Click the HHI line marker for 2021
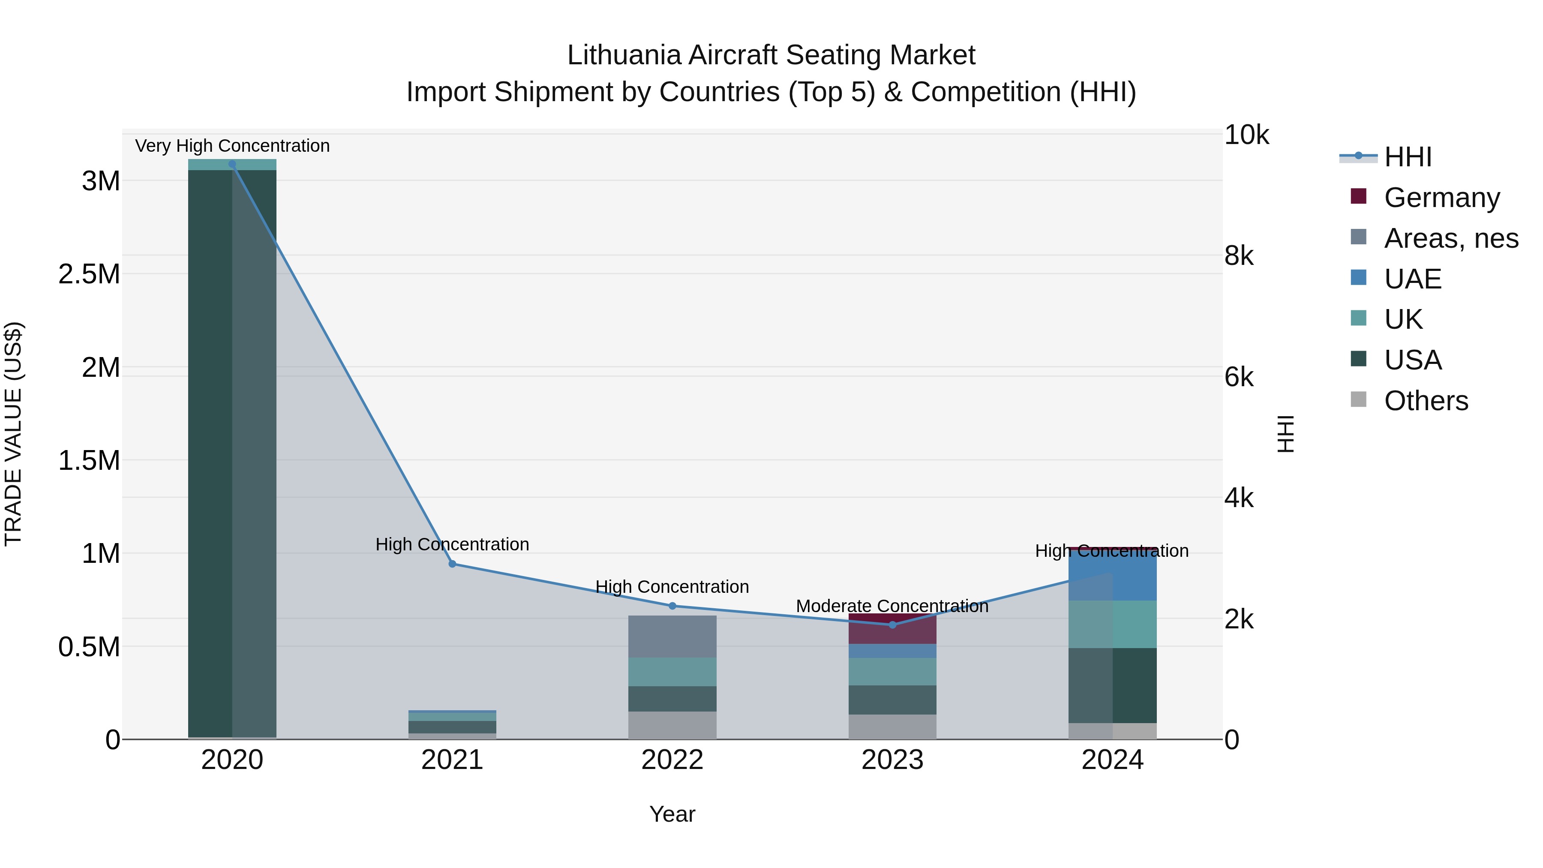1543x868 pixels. pos(452,564)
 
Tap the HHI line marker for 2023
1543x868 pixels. pos(892,625)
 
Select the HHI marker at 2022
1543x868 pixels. pos(672,606)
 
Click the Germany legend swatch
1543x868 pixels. pos(1359,196)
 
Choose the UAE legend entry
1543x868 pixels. pos(1412,279)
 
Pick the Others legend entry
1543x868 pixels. pos(1426,401)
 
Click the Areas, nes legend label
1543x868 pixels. pos(1451,238)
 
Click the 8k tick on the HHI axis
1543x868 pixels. pos(1239,256)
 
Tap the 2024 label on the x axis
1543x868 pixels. pos(1112,760)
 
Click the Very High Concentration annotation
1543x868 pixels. pos(232,146)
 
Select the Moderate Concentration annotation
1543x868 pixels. pos(892,606)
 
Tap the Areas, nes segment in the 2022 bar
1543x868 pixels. pos(672,636)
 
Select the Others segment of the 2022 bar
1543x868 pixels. pos(672,725)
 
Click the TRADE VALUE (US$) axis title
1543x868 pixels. pos(13,434)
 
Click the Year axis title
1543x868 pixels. pos(672,814)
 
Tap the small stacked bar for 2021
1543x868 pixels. pos(452,724)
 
